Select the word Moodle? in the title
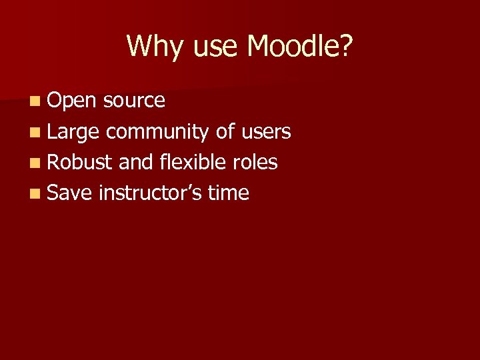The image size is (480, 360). click(300, 47)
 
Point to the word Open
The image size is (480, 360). click(73, 101)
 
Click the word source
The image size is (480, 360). click(135, 101)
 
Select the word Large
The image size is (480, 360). click(73, 132)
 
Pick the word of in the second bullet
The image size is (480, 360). click(226, 131)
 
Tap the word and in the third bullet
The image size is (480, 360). click(136, 163)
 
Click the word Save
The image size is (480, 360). click(70, 193)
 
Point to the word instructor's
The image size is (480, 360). click(150, 193)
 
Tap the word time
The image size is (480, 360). click(229, 193)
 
